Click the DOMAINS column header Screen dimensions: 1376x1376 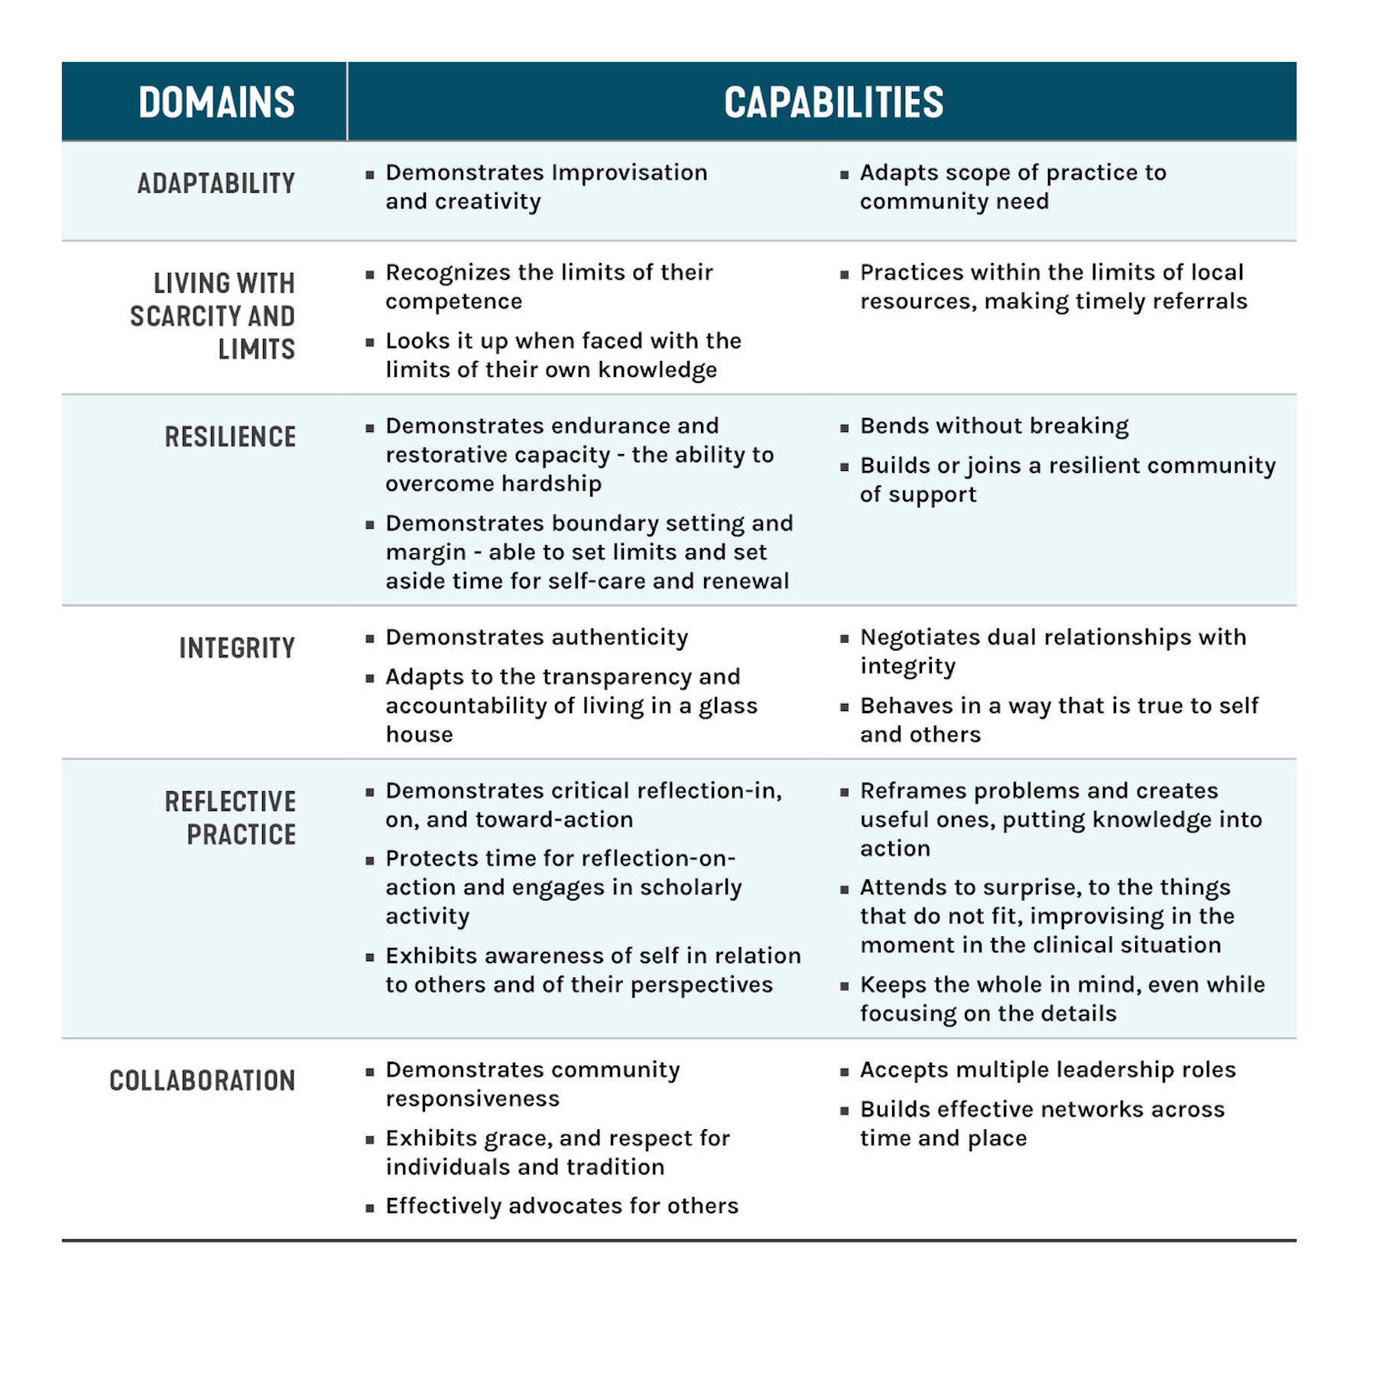pos(216,102)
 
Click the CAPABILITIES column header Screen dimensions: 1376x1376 pos(833,102)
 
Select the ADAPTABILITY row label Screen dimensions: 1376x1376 pos(216,183)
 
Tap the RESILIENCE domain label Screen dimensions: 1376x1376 pos(230,436)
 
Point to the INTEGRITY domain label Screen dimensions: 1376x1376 pos(237,648)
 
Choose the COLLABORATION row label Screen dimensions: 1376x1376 pos(202,1080)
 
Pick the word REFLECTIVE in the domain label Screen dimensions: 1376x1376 pos(230,801)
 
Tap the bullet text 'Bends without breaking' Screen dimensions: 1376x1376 pos(994,426)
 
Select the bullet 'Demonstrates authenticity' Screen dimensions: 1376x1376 pos(537,638)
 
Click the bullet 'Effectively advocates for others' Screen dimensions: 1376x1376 pos(562,1206)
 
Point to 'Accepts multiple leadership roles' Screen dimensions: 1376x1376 pos(1047,1069)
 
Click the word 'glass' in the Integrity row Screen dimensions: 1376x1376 pos(728,706)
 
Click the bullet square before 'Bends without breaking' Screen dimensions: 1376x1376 pos(844,428)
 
